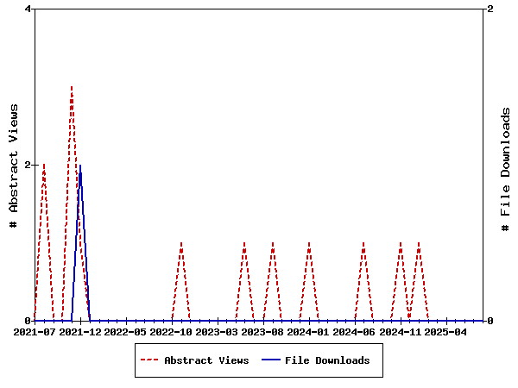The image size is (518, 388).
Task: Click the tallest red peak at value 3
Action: tap(72, 87)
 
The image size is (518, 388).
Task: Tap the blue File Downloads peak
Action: tap(80, 166)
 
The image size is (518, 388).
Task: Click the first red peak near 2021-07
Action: tap(44, 165)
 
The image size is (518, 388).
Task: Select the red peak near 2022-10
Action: tap(180, 243)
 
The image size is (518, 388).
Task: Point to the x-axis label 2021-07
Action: tap(35, 332)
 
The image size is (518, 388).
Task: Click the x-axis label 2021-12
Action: tap(80, 332)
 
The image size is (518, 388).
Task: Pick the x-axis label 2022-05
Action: tap(126, 332)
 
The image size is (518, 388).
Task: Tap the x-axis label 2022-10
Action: tap(171, 332)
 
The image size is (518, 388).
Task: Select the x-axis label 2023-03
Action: tap(217, 332)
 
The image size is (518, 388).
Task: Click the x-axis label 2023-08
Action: tap(262, 332)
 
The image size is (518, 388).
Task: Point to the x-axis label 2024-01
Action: tap(308, 332)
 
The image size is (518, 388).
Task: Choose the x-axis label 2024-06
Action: tap(354, 332)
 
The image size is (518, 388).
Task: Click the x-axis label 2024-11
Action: tap(400, 332)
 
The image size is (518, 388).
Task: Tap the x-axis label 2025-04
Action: tap(445, 332)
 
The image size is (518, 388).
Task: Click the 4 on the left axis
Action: tap(28, 9)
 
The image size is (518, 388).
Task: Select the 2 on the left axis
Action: tap(28, 165)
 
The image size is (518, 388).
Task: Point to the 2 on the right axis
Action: tap(490, 9)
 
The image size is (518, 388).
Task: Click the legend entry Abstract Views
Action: tap(206, 360)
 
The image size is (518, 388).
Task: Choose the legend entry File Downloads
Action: tap(327, 360)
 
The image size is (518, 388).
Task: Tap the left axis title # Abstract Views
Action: tap(14, 165)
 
